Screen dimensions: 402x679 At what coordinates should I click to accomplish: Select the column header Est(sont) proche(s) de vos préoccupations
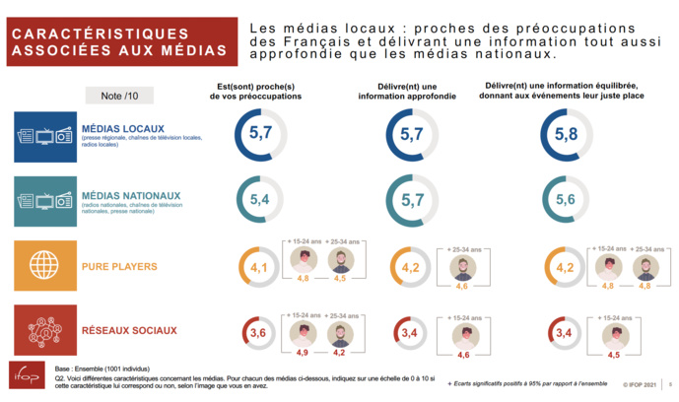pos(255,92)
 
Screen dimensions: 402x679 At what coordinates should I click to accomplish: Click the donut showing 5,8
pos(566,135)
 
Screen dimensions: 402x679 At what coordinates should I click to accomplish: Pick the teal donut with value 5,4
pos(260,200)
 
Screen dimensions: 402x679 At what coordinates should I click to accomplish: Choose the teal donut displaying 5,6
pos(566,200)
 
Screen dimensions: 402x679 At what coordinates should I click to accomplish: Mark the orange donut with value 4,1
pos(258,267)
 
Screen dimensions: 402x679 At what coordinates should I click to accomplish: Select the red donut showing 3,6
pos(258,334)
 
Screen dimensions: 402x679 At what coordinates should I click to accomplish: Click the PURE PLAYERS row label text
pos(119,267)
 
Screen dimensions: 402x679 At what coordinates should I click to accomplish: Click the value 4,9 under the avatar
pos(303,352)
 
